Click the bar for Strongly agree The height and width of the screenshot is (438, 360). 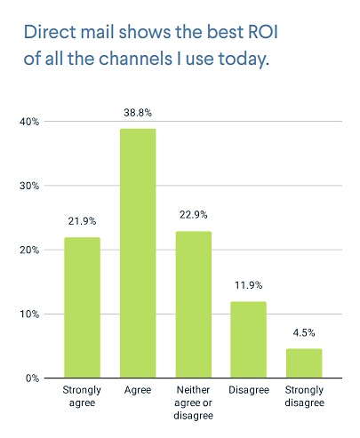click(82, 307)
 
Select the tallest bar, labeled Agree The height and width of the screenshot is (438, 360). click(137, 253)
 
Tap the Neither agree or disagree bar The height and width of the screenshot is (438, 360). click(193, 305)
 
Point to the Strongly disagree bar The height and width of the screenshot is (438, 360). click(303, 363)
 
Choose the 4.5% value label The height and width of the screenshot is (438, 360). click(303, 335)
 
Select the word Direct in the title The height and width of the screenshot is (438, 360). click(49, 33)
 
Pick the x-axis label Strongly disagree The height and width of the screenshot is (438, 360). click(303, 396)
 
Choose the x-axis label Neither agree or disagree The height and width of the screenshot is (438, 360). click(193, 402)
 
